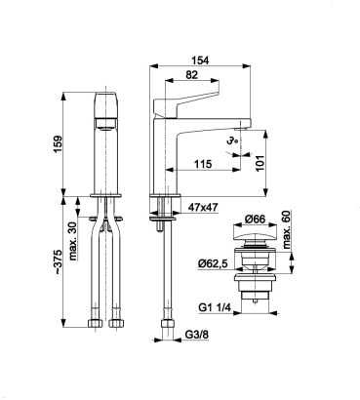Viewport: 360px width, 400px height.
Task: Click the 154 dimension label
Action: click(x=200, y=60)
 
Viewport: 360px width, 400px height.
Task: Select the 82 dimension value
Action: click(x=192, y=75)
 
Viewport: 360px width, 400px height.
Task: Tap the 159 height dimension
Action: click(x=58, y=144)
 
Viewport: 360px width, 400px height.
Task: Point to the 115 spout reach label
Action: click(x=203, y=164)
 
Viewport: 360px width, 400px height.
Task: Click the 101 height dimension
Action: click(x=260, y=163)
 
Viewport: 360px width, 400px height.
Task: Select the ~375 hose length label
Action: click(x=58, y=261)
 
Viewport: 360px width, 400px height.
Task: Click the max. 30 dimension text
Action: click(x=72, y=241)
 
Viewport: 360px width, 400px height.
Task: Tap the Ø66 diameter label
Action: click(x=255, y=220)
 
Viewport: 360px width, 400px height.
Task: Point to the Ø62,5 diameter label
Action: click(x=213, y=263)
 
